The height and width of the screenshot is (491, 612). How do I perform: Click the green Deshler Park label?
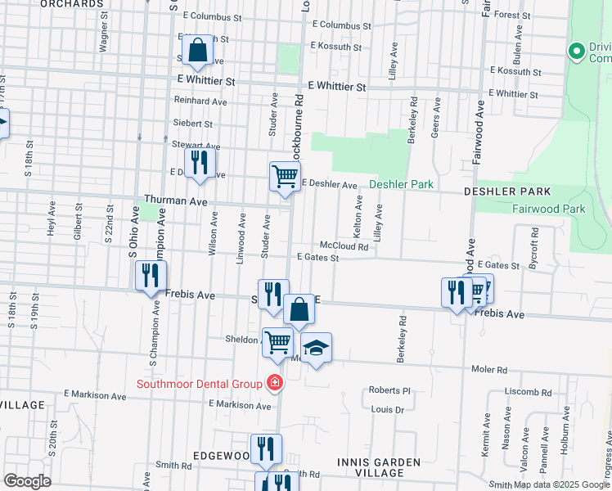[401, 185]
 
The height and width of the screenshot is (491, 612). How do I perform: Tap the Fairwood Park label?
[547, 209]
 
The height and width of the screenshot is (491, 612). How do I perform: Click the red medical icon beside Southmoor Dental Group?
[275, 383]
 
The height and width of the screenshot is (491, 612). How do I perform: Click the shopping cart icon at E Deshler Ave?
[285, 176]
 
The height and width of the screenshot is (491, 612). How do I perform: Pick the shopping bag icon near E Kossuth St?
[197, 51]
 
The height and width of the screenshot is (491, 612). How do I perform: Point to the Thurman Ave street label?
[172, 199]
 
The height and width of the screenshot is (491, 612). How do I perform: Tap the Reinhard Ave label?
[200, 101]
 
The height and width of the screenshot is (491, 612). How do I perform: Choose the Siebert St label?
[192, 124]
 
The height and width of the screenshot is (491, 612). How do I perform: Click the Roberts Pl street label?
[388, 390]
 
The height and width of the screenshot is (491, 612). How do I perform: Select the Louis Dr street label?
[388, 410]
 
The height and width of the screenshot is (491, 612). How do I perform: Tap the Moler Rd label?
[489, 370]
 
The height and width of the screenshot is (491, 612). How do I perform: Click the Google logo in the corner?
[27, 480]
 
